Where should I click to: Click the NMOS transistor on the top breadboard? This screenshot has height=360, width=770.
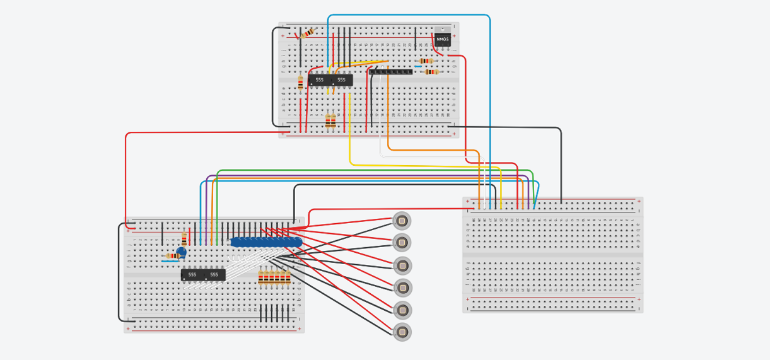tap(443, 38)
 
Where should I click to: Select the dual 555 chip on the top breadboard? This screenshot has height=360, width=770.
tap(330, 80)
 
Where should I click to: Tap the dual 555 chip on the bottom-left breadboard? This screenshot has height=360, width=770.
tap(203, 275)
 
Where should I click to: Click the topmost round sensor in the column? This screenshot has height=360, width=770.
tap(402, 221)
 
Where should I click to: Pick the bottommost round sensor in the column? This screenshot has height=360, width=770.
tap(402, 332)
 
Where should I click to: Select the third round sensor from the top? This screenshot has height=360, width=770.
tap(402, 265)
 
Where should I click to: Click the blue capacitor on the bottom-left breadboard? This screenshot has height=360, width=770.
tap(182, 252)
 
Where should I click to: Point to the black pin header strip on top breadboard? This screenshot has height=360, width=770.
tap(391, 72)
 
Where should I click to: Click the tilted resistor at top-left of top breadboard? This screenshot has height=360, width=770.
tap(307, 33)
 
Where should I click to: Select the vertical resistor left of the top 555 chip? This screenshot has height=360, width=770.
tap(300, 83)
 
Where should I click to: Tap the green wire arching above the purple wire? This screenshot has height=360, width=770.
tap(378, 170)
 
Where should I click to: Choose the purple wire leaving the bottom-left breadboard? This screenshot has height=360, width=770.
tap(378, 176)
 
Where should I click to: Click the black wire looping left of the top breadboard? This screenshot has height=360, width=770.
tap(273, 76)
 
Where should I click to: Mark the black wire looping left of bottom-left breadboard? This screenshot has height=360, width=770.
tap(119, 271)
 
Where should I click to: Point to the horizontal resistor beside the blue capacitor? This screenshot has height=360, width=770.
tap(171, 256)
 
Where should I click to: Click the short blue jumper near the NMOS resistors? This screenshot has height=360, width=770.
tap(418, 66)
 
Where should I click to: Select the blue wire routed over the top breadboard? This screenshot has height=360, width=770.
tap(410, 15)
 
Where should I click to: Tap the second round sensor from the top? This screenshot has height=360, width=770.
tap(402, 243)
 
